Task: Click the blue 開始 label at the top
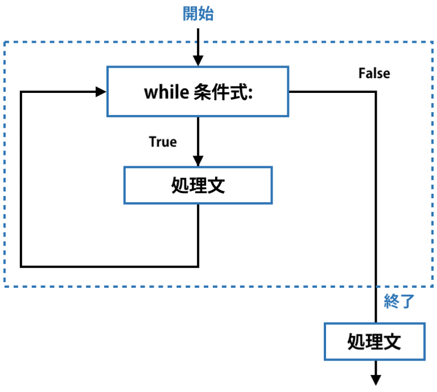[198, 14]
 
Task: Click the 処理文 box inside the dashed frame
[197, 185]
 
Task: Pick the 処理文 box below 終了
[374, 342]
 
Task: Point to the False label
[374, 73]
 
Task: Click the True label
[163, 141]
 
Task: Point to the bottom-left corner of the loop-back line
[21, 266]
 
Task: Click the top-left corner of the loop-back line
[21, 91]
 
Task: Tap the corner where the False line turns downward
[376, 91]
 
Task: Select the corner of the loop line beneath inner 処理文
[197, 266]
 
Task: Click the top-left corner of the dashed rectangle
[5, 42]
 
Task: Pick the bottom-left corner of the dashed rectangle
[5, 286]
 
